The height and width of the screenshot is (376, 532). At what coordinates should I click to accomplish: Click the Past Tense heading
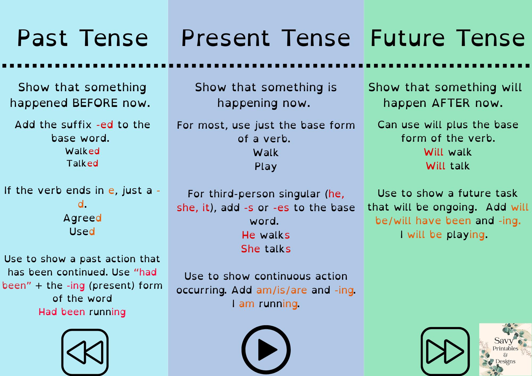(x=82, y=38)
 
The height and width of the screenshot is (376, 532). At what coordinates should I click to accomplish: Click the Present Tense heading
(x=266, y=38)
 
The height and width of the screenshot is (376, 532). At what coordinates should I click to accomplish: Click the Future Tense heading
(x=448, y=38)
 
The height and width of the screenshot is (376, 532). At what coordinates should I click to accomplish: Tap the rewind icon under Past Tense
(x=85, y=352)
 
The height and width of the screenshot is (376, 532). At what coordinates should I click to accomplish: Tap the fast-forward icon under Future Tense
(x=445, y=351)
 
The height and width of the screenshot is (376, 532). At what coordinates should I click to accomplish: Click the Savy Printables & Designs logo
(x=505, y=349)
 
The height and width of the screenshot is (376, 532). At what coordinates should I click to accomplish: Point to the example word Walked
(x=82, y=151)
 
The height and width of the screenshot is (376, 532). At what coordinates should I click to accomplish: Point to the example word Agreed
(x=82, y=218)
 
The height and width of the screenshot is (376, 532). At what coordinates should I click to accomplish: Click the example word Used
(x=82, y=232)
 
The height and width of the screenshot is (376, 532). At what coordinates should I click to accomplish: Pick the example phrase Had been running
(x=82, y=312)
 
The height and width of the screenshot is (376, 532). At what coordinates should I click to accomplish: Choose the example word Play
(x=266, y=166)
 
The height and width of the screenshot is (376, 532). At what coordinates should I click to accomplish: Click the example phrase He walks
(x=266, y=235)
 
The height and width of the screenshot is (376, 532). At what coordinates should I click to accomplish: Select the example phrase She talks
(x=266, y=249)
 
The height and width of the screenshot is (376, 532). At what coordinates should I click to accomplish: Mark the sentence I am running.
(x=266, y=304)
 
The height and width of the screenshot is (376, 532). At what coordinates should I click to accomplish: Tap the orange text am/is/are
(x=282, y=290)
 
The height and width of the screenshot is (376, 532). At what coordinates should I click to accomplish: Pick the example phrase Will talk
(x=448, y=166)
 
